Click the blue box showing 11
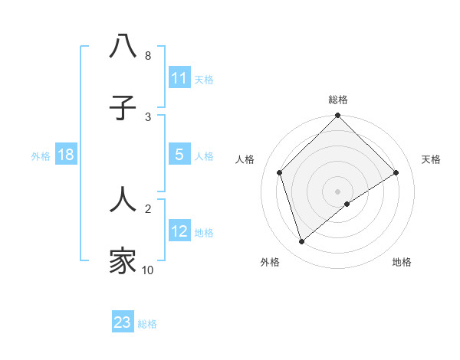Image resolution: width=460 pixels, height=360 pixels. (179, 78)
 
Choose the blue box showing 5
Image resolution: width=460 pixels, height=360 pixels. (179, 155)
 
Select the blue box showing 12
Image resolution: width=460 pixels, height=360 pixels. (179, 231)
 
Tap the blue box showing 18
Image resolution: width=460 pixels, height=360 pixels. (66, 155)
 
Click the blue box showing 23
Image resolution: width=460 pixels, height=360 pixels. (123, 322)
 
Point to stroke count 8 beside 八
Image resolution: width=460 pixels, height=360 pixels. (148, 56)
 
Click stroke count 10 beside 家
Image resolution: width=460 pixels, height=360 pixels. (148, 270)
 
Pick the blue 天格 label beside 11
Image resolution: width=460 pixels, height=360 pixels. (204, 79)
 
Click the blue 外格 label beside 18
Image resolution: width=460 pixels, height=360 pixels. (41, 155)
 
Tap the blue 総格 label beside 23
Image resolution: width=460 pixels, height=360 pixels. (147, 323)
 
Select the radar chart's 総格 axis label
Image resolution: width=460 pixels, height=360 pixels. (338, 100)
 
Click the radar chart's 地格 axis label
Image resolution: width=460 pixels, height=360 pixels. (402, 262)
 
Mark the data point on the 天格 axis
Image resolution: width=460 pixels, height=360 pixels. (396, 172)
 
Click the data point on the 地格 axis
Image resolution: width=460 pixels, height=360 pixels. (347, 204)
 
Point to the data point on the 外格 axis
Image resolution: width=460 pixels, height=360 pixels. (302, 241)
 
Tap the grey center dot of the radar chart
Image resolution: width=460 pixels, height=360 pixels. (338, 191)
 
